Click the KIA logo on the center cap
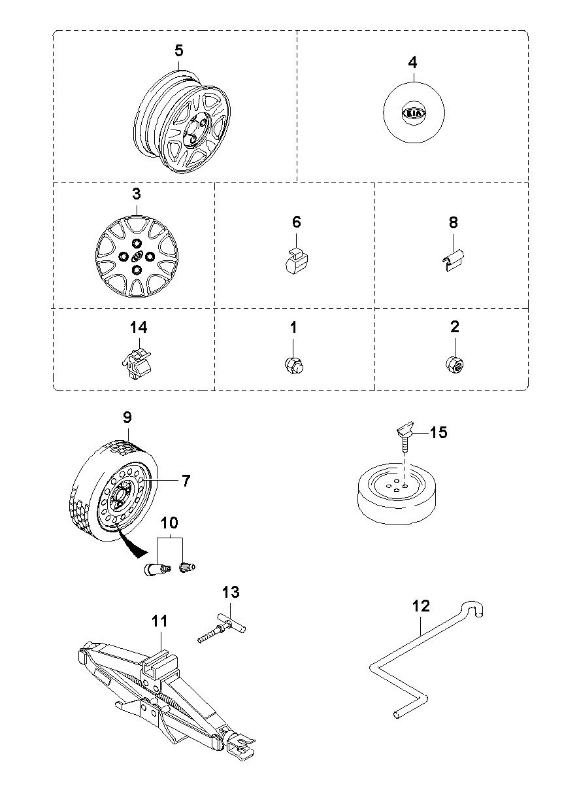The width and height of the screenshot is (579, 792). click(414, 113)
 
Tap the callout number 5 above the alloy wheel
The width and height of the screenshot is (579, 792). click(179, 50)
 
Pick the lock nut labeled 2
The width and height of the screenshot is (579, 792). click(455, 364)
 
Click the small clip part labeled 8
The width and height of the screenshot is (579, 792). click(454, 260)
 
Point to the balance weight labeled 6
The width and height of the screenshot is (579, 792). click(296, 262)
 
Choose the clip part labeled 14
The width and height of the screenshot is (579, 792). click(137, 363)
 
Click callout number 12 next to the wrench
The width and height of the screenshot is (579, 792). click(421, 606)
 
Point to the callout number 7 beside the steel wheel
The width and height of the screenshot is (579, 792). click(186, 481)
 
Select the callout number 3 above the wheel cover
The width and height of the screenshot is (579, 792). click(137, 194)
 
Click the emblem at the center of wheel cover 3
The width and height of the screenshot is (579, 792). click(137, 255)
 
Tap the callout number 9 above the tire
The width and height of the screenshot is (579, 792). click(127, 417)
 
